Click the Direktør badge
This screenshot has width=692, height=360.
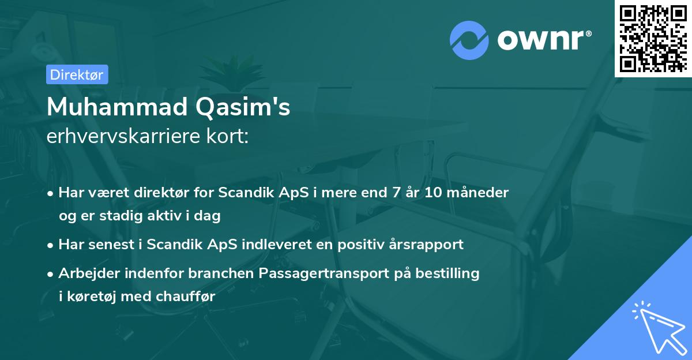pyautogui.click(x=77, y=74)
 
